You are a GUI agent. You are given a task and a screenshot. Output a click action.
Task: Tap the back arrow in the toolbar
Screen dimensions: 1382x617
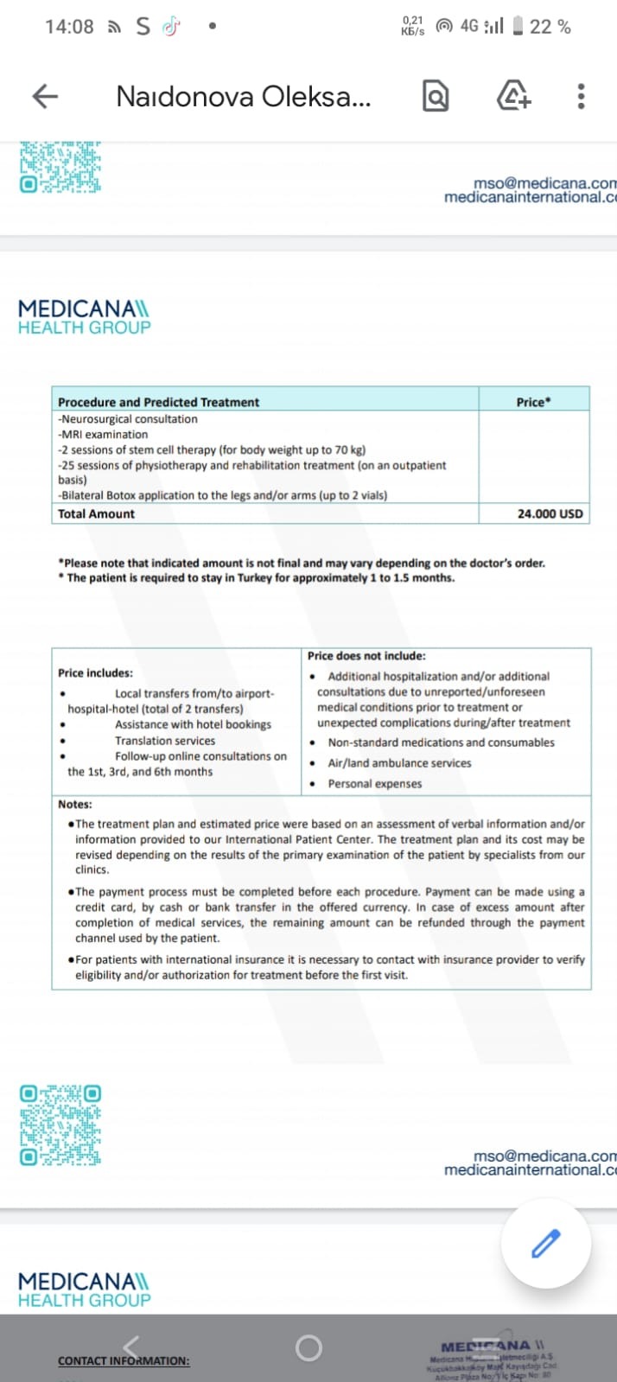(45, 96)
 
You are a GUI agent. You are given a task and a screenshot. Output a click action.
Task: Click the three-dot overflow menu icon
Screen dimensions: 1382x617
(581, 96)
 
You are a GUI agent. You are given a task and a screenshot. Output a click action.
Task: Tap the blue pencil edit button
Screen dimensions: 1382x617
(545, 1245)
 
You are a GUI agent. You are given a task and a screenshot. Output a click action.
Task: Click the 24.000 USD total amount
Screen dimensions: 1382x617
(550, 513)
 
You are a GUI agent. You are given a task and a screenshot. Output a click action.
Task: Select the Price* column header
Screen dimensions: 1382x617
(533, 402)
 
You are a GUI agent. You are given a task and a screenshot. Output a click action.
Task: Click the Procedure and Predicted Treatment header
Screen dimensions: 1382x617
(158, 402)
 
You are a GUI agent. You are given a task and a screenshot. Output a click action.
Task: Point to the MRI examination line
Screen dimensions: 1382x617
(104, 435)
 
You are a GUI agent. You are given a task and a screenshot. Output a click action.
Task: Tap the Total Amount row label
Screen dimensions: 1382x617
(96, 513)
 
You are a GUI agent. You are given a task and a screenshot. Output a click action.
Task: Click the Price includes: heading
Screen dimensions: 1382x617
(95, 673)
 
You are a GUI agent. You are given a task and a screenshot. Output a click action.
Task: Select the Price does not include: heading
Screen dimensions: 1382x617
(366, 656)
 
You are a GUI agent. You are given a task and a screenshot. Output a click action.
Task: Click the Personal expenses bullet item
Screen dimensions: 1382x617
(374, 784)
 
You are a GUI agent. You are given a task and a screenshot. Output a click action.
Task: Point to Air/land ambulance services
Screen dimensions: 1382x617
(399, 763)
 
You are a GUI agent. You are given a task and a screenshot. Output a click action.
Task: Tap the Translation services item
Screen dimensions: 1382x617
(165, 741)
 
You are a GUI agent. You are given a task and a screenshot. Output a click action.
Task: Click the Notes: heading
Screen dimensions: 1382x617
(75, 804)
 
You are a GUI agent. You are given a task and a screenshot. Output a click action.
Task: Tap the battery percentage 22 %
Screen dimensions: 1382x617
(550, 27)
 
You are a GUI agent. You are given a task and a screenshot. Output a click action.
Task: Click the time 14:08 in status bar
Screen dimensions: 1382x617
(69, 27)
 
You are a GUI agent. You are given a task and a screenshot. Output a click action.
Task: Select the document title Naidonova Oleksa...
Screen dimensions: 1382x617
(243, 96)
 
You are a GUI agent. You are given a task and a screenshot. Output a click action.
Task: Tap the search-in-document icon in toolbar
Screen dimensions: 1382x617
(436, 96)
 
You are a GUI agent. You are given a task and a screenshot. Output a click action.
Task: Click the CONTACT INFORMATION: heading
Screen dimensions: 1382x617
(124, 1360)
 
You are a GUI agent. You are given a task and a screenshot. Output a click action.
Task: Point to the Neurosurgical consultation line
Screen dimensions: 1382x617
(129, 419)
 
